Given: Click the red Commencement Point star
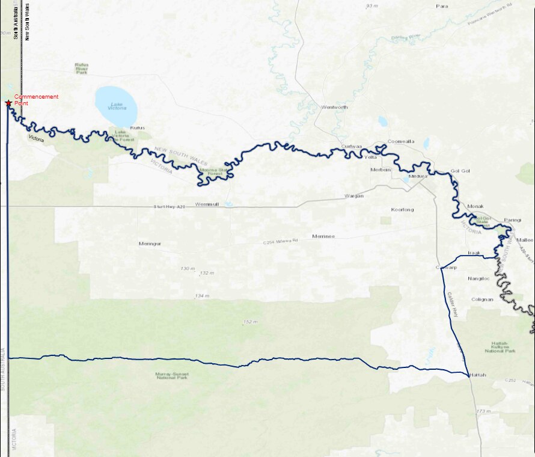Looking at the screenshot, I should click(x=8, y=103).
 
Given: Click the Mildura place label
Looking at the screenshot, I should click(x=417, y=177).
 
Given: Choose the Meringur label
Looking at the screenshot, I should click(x=150, y=244).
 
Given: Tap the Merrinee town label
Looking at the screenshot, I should click(x=323, y=236).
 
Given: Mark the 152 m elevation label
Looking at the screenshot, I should click(x=250, y=322).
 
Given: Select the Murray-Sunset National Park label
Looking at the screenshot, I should click(x=171, y=376).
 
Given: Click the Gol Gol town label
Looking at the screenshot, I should click(x=460, y=171).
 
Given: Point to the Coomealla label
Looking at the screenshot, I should click(x=401, y=142).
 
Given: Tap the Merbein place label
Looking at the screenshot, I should click(x=381, y=170).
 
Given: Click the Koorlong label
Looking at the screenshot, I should click(x=402, y=210).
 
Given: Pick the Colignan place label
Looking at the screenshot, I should click(x=482, y=299).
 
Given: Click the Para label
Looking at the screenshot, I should click(x=442, y=6).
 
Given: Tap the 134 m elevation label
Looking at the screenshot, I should click(x=202, y=296).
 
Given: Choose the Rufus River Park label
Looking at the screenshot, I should click(x=82, y=69).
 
